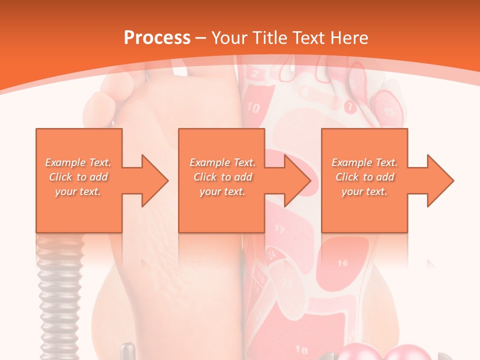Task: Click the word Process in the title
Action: pos(157,38)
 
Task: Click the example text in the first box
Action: pos(78,177)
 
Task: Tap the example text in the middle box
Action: pos(222,177)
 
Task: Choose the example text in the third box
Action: pos(364,177)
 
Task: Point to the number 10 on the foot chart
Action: pos(253,107)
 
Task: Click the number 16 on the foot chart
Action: pos(342,263)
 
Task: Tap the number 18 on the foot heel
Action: pos(301,349)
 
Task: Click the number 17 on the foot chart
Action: pos(279,229)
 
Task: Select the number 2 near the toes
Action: pos(255,75)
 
